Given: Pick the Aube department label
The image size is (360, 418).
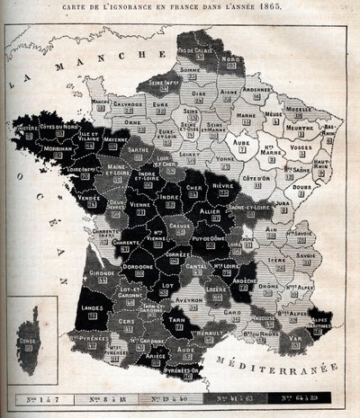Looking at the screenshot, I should point(240,142).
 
